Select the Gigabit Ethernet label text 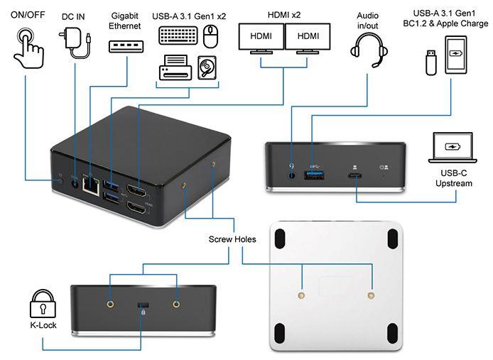pyautogui.click(x=126, y=21)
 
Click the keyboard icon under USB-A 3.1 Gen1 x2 pyautogui.click(x=178, y=36)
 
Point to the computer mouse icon pyautogui.click(x=210, y=36)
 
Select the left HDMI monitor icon pyautogui.click(x=261, y=38)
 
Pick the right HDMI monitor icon pyautogui.click(x=308, y=38)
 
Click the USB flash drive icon pyautogui.click(x=430, y=61)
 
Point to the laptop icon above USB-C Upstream pyautogui.click(x=453, y=147)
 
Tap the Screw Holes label pyautogui.click(x=232, y=239)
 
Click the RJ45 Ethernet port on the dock pyautogui.click(x=91, y=183)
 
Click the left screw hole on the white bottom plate pyautogui.click(x=303, y=293)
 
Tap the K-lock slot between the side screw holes pyautogui.click(x=143, y=304)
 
